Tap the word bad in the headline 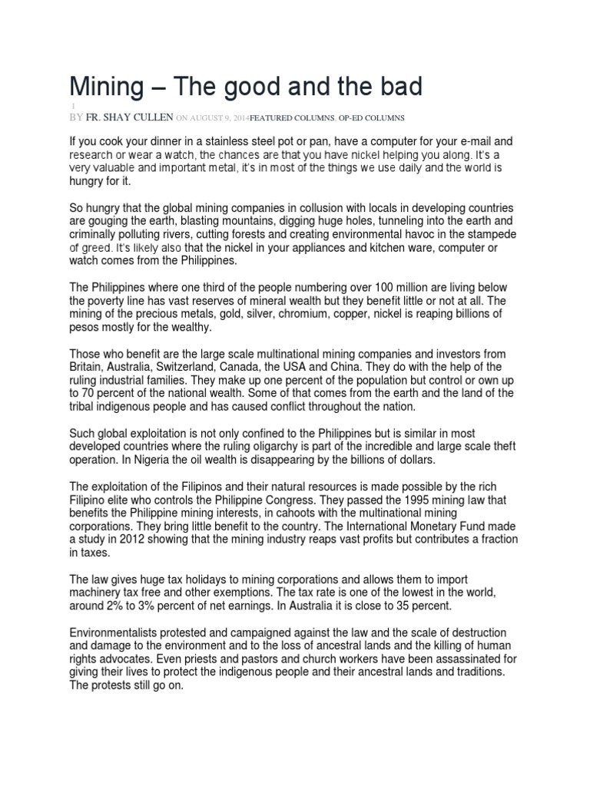[x=398, y=88]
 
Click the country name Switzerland [x=238, y=367]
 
